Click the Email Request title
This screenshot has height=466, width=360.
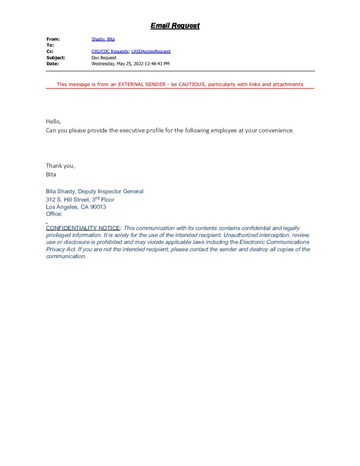pyautogui.click(x=175, y=26)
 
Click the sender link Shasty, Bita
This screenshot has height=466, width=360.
pyautogui.click(x=103, y=40)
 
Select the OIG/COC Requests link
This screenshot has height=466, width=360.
pyautogui.click(x=110, y=52)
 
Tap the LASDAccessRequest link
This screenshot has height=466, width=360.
pyautogui.click(x=151, y=52)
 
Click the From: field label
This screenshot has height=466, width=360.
pyautogui.click(x=53, y=40)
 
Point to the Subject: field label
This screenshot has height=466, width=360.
pyautogui.click(x=56, y=58)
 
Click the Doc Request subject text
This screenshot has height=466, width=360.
pyautogui.click(x=104, y=58)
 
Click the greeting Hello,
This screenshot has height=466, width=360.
pyautogui.click(x=53, y=122)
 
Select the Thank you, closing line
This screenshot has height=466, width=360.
pyautogui.click(x=60, y=166)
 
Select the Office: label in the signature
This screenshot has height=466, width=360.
pyautogui.click(x=54, y=214)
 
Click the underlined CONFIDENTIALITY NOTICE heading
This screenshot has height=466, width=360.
pyautogui.click(x=82, y=228)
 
